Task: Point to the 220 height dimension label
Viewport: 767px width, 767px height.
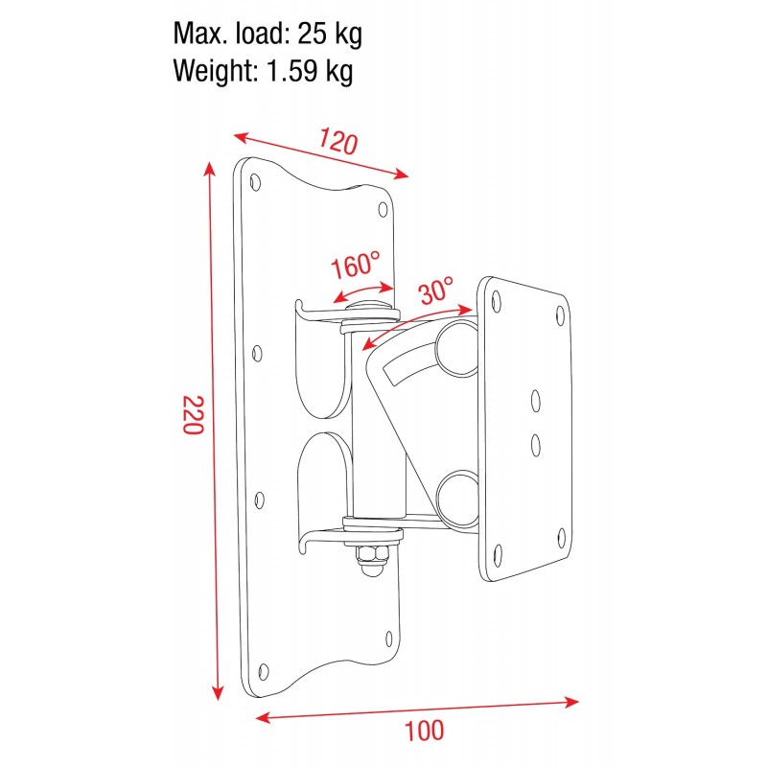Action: click(x=193, y=414)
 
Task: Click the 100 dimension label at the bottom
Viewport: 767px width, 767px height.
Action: click(x=423, y=731)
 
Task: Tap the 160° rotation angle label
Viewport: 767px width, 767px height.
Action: click(x=355, y=266)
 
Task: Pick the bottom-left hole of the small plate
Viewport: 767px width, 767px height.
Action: click(x=500, y=551)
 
